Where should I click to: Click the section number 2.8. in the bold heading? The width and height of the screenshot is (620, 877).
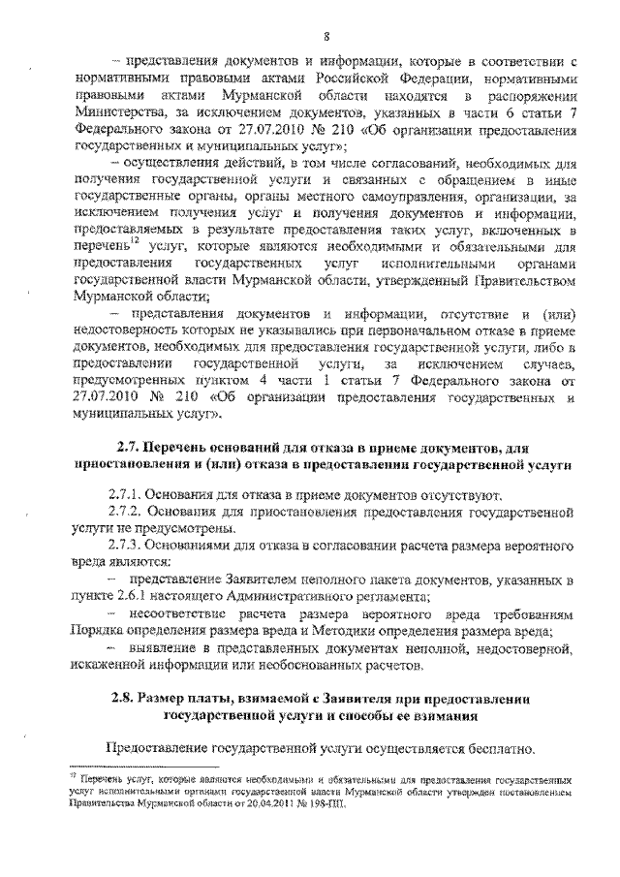pyautogui.click(x=120, y=698)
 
